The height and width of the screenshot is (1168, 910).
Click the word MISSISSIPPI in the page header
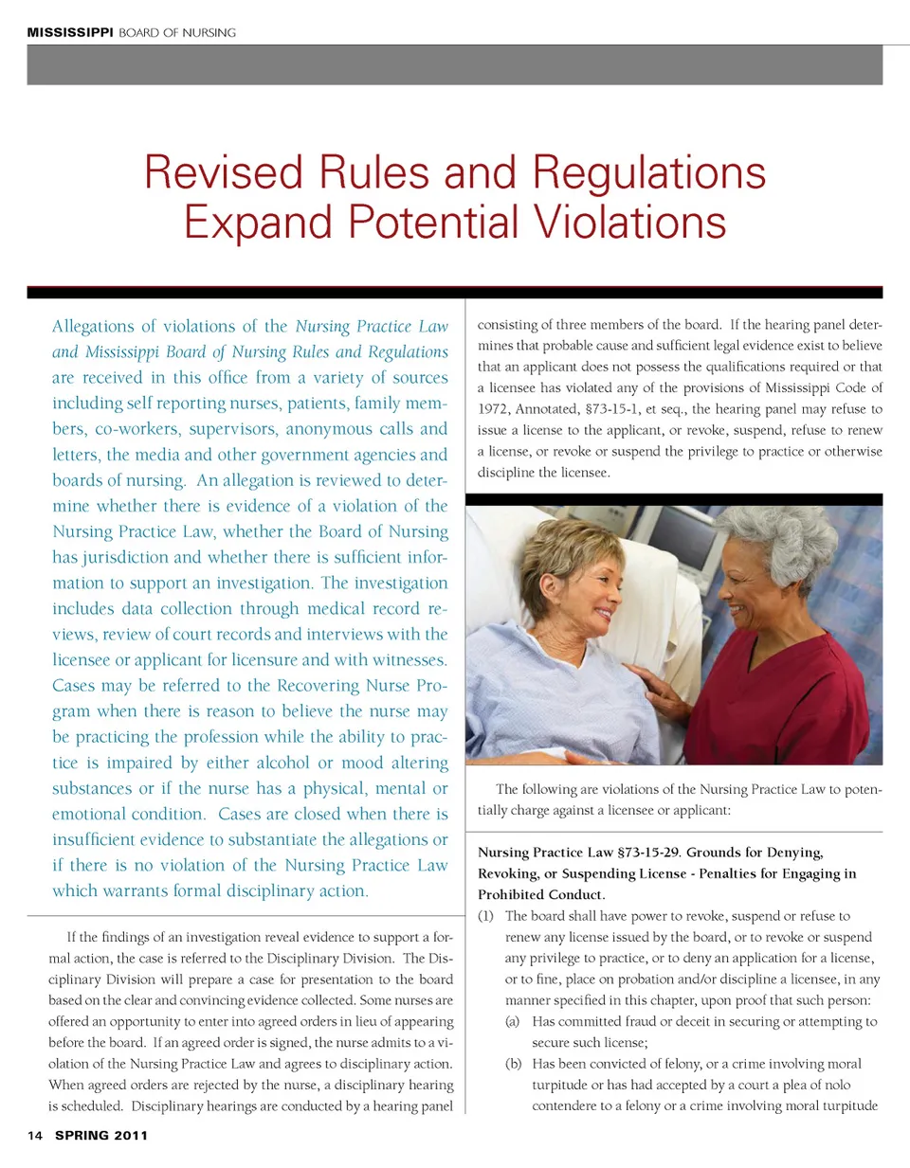tap(69, 32)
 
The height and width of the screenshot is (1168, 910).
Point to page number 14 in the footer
tap(35, 1135)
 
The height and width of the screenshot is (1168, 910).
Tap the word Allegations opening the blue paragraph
tap(93, 327)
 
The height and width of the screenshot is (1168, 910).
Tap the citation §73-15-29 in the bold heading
tap(648, 853)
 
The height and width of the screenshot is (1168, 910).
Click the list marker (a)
tap(513, 1022)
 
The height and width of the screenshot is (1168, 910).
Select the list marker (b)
tap(513, 1064)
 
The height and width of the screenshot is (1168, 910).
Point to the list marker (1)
tap(485, 916)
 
